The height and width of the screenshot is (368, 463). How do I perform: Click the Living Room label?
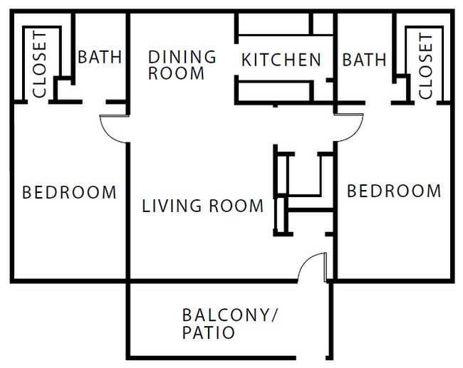202,206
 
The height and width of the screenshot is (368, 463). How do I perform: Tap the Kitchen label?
281,60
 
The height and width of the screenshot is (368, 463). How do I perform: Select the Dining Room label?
181,64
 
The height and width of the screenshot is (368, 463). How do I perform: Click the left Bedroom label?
69,192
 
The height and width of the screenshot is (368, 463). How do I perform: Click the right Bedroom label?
393,191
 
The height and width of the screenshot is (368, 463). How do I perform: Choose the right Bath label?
364,59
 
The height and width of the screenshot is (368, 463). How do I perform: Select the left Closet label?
39,64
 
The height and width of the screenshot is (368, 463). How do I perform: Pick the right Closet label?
425,66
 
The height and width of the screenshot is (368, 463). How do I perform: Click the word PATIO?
208,332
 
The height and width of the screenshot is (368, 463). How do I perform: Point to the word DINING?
182,56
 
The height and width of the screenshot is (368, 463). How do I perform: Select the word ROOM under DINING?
176,73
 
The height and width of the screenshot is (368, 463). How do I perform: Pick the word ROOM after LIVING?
235,206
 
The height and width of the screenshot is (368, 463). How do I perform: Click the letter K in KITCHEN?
246,60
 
